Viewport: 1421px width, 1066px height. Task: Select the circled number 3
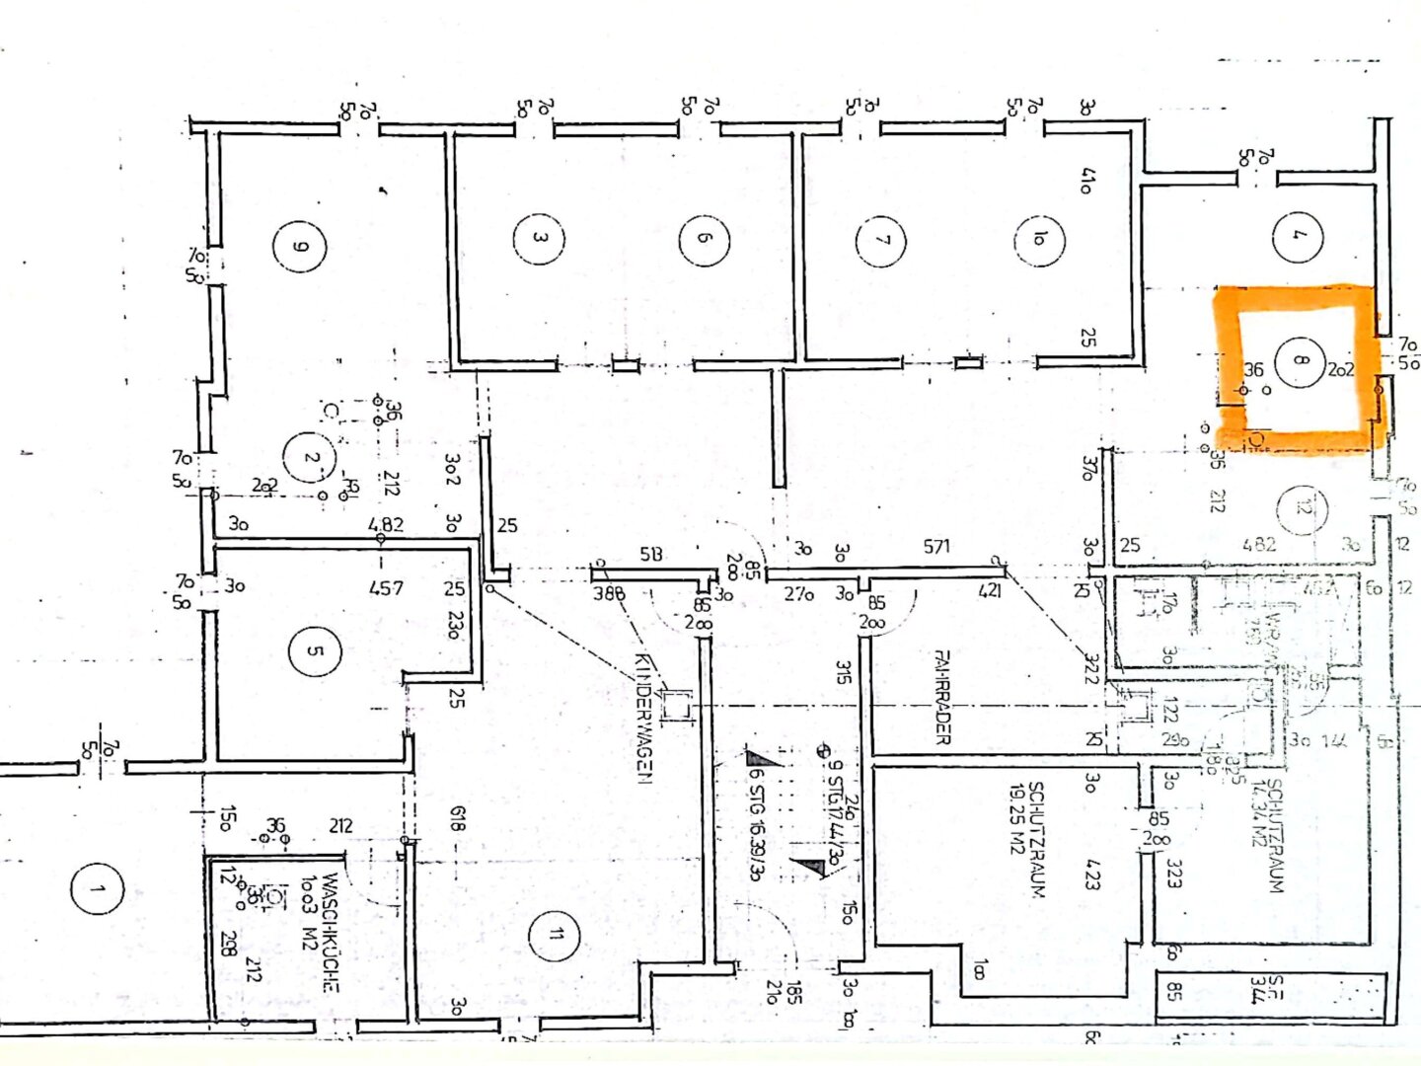[539, 238]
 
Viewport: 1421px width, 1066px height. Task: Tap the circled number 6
[704, 238]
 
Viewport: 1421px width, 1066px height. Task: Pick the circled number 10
[1039, 239]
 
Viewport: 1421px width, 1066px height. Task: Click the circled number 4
[1298, 236]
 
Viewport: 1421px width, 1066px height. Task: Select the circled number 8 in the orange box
[1300, 360]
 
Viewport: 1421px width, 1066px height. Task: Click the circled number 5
[314, 651]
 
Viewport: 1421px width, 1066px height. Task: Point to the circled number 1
[97, 890]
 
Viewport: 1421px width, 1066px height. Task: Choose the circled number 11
[555, 935]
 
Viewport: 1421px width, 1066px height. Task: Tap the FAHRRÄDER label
[941, 696]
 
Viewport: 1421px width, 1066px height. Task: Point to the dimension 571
[936, 546]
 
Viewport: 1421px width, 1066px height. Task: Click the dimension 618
[456, 819]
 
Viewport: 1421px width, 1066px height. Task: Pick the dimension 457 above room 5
[386, 588]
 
